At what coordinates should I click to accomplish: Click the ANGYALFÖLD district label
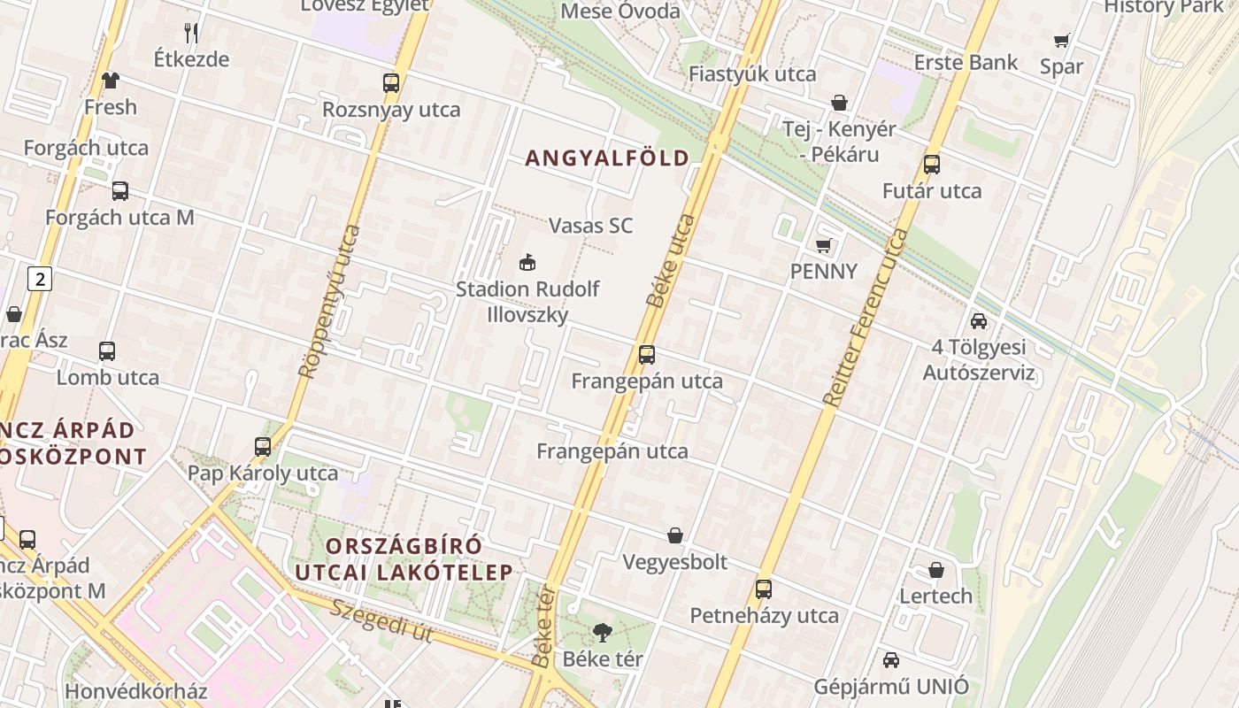(607, 158)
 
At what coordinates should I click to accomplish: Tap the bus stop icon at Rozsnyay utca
(391, 83)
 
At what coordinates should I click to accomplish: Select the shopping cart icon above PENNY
(824, 245)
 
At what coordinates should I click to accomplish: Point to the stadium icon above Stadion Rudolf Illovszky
(527, 262)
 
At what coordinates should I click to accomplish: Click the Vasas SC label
(591, 226)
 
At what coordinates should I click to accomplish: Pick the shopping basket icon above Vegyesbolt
(675, 535)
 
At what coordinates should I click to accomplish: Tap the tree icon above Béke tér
(603, 632)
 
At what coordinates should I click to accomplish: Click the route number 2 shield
(39, 280)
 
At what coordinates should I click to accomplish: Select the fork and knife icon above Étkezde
(191, 34)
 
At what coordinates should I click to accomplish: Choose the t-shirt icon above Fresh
(110, 81)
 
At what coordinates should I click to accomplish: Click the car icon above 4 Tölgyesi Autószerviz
(979, 321)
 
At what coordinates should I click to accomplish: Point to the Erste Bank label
(966, 63)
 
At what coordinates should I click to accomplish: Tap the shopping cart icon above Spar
(1061, 40)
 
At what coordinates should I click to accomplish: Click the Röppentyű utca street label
(329, 301)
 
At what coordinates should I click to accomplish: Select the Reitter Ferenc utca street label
(866, 317)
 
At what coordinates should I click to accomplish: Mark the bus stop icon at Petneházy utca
(764, 589)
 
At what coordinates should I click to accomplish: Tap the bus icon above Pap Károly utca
(263, 446)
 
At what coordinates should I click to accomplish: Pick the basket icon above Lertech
(936, 570)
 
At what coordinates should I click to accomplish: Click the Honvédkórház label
(136, 691)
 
